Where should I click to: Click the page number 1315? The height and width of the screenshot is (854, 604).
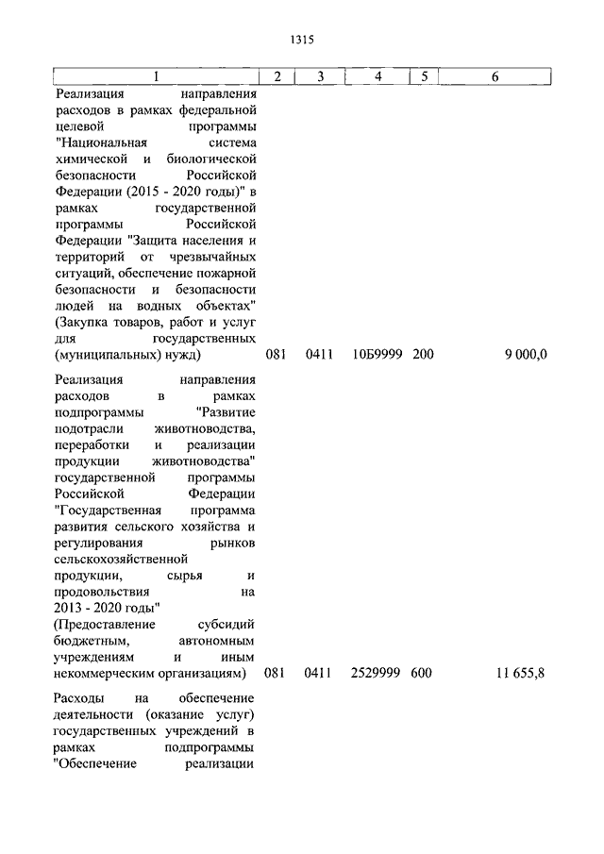[301, 41]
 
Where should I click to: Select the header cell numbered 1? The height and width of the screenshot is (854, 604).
[157, 76]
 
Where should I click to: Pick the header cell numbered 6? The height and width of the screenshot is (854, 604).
[495, 76]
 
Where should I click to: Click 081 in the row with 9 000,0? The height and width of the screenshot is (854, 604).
[276, 355]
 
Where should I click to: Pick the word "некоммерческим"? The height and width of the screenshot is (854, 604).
[105, 673]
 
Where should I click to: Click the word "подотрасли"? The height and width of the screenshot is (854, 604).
[88, 428]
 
